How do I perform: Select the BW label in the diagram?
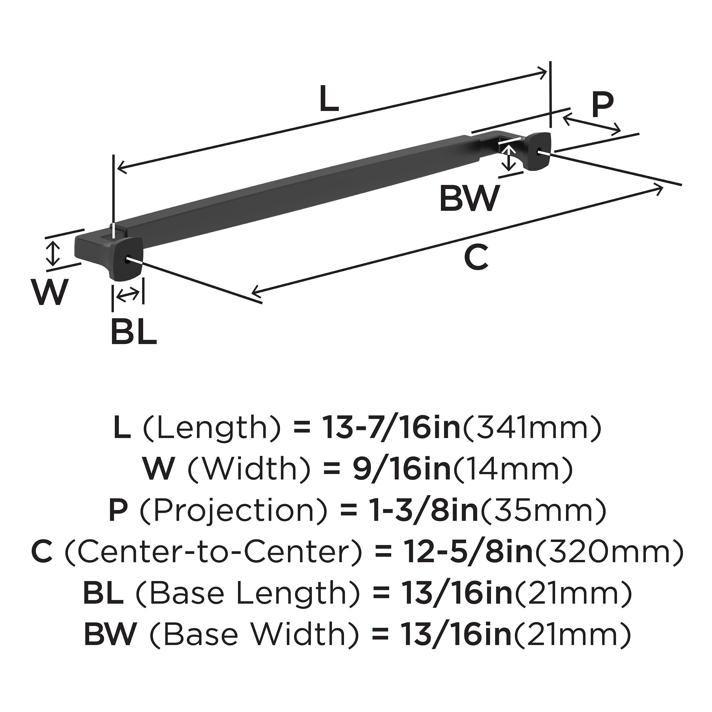[x=470, y=198]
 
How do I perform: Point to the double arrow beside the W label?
[x=54, y=253]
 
